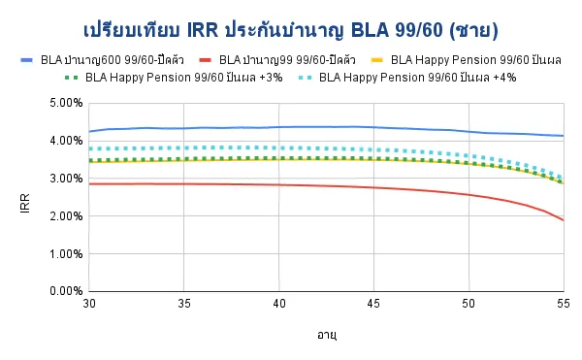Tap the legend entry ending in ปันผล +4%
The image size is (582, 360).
point(417,77)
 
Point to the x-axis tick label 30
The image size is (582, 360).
point(88,304)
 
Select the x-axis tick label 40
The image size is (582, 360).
point(278,304)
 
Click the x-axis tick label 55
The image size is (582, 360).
point(563,304)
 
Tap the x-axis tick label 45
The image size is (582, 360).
point(373,304)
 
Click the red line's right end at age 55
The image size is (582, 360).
point(563,220)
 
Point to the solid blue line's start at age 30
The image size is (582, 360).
point(88,132)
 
